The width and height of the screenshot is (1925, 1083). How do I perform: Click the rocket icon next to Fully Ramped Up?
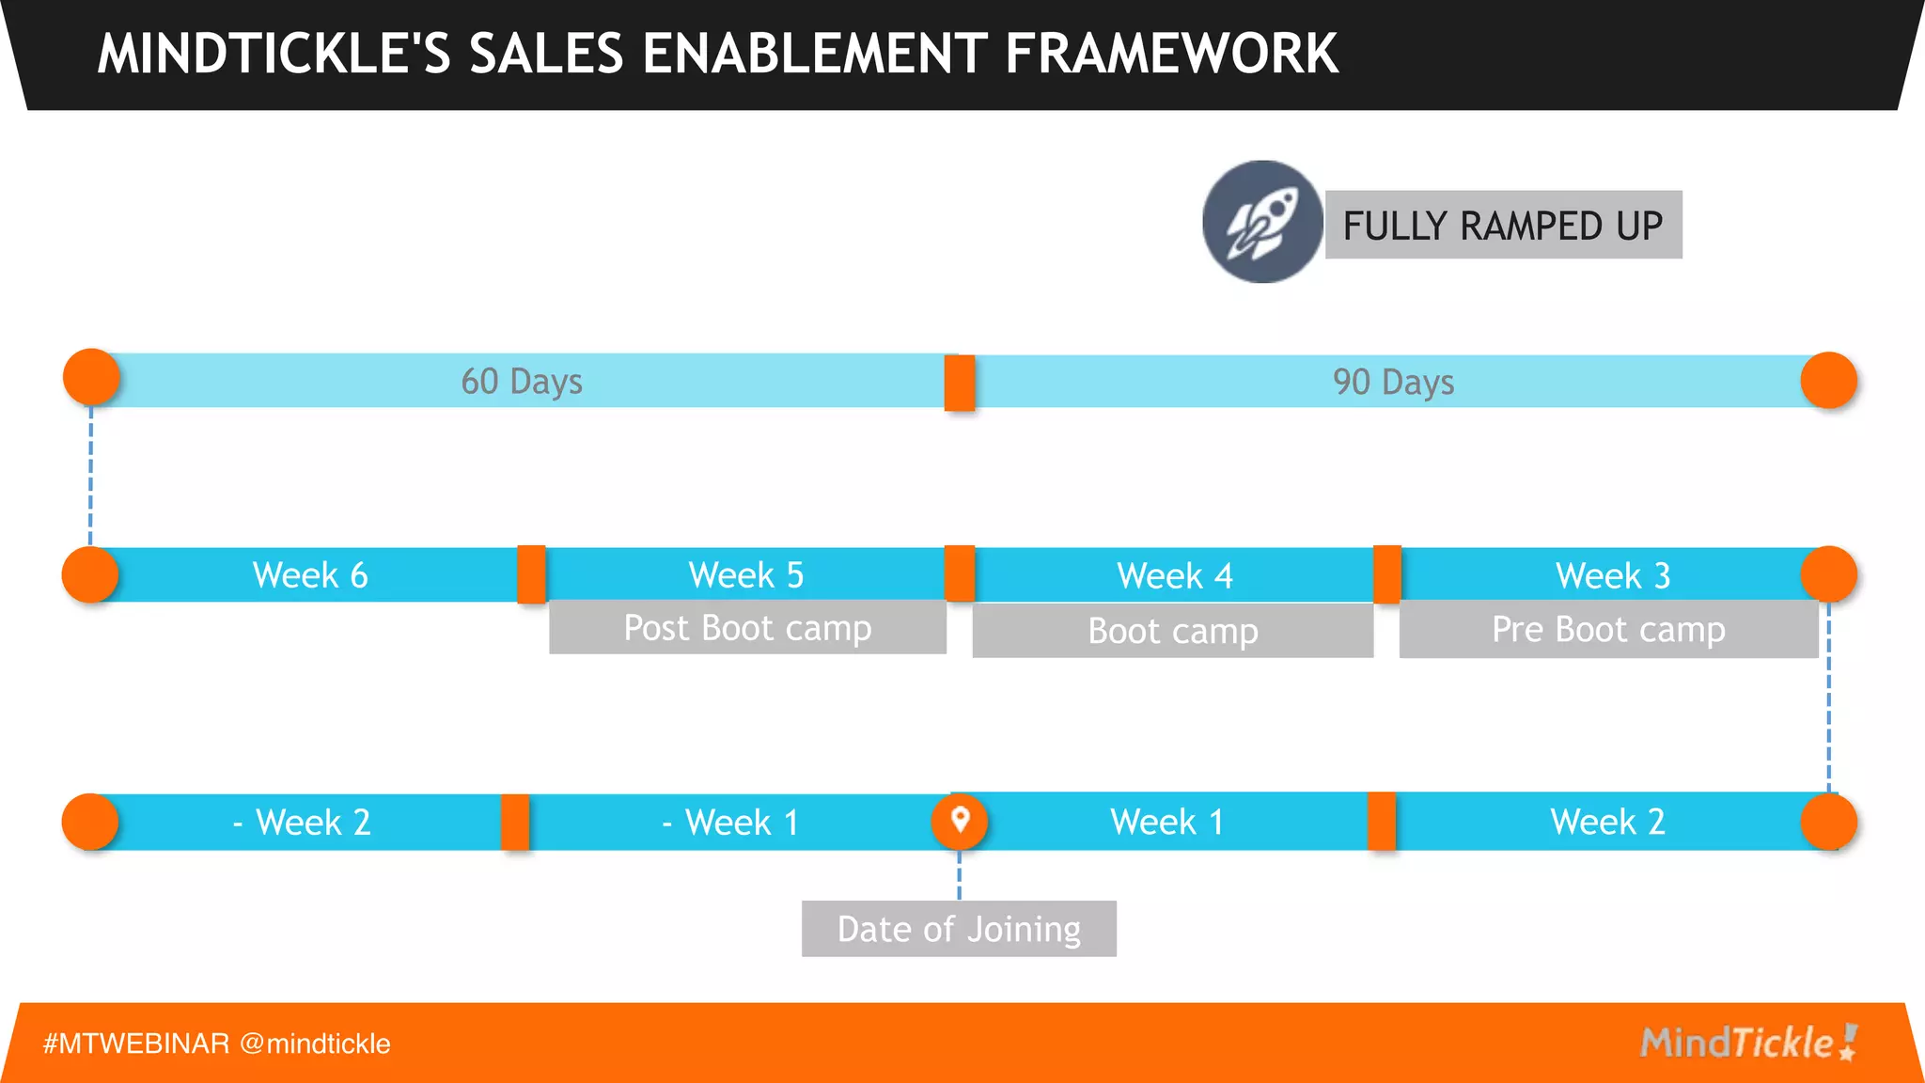pos(1261,223)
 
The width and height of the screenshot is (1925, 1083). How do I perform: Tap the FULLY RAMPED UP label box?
pos(1503,226)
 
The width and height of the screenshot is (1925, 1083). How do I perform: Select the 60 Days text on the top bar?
pos(522,382)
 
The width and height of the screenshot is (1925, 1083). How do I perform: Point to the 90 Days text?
pos(1393,383)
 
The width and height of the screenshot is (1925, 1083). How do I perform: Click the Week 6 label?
pos(310,575)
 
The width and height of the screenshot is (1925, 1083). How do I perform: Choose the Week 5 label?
pos(746,575)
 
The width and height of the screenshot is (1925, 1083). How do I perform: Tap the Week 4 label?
pos(1175,576)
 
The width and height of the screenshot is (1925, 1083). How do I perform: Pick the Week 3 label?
pos(1613,576)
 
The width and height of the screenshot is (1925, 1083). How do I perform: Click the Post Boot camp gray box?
pos(747,628)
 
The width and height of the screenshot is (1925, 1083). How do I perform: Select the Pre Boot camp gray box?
pos(1608,630)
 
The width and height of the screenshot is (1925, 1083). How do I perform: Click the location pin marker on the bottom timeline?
pos(960,821)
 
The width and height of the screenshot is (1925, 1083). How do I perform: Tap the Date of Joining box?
pos(959,929)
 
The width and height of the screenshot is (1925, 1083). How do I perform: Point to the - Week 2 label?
pos(302,823)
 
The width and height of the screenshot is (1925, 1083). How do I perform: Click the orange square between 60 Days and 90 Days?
pos(960,383)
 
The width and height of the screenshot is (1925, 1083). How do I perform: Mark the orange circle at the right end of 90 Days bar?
pos(1828,381)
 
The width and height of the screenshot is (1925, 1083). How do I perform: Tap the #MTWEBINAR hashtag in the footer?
pos(136,1044)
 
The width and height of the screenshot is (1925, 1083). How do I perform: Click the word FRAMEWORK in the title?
pos(1171,54)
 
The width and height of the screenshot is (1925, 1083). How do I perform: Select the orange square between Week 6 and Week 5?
pos(531,574)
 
